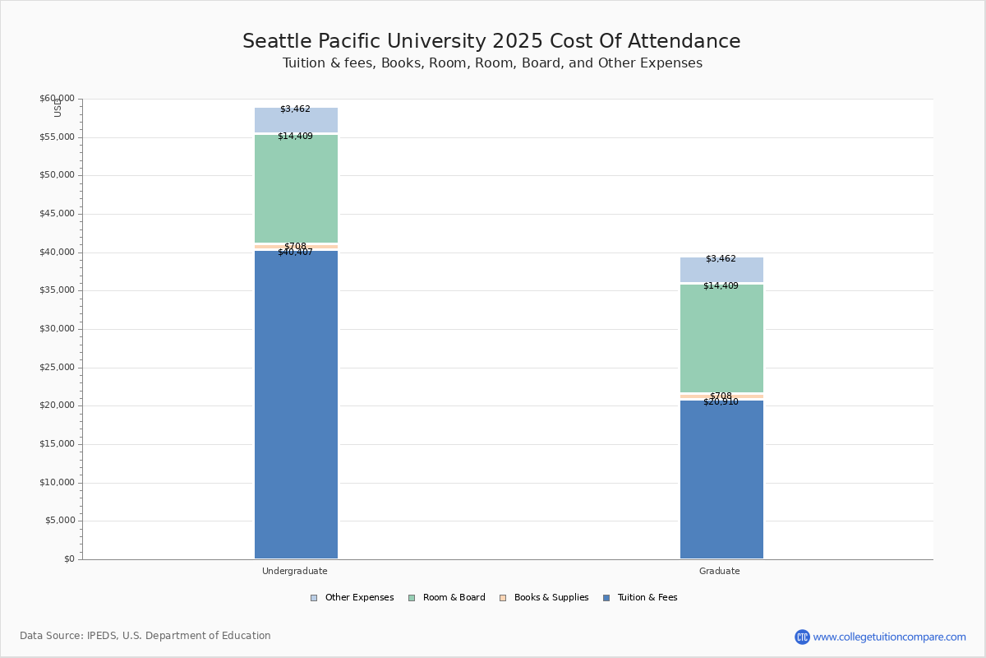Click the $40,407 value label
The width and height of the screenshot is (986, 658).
click(x=295, y=253)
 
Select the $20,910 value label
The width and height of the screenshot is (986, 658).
click(x=721, y=402)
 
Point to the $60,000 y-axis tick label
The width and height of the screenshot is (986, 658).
click(x=57, y=99)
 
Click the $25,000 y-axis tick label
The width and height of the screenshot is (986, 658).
click(x=57, y=368)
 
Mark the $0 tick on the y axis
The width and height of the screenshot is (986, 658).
click(x=68, y=559)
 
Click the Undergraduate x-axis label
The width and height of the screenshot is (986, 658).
click(x=295, y=571)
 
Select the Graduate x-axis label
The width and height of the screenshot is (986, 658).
click(x=720, y=571)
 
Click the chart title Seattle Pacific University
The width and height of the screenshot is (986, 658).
click(x=491, y=42)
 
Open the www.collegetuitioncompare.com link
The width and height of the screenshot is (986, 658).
click(x=889, y=637)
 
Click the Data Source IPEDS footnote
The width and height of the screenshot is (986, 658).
click(x=145, y=636)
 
